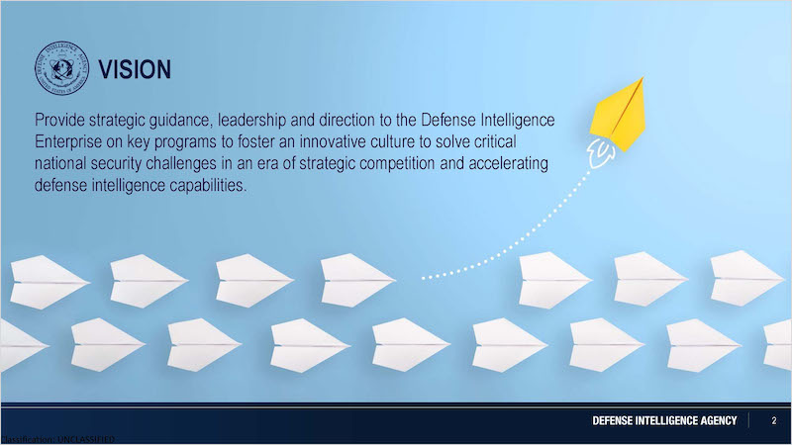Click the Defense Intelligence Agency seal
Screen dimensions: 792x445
point(61,68)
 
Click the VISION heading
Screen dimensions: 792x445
point(135,69)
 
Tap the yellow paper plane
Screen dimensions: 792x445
point(618,114)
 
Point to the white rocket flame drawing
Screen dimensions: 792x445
point(601,154)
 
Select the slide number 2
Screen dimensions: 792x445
point(774,420)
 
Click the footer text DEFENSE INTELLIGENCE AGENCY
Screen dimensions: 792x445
point(664,420)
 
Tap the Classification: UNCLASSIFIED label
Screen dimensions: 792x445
point(57,439)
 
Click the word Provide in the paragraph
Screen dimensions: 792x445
point(59,120)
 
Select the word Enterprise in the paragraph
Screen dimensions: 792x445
point(68,141)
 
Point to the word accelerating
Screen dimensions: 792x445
point(509,164)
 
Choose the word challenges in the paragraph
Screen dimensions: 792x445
point(173,163)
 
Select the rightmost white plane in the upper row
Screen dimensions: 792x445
point(747,278)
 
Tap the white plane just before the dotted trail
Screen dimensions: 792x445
point(358,280)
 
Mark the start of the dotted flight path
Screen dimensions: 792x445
point(424,278)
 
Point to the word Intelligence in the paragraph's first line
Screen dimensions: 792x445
point(518,120)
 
